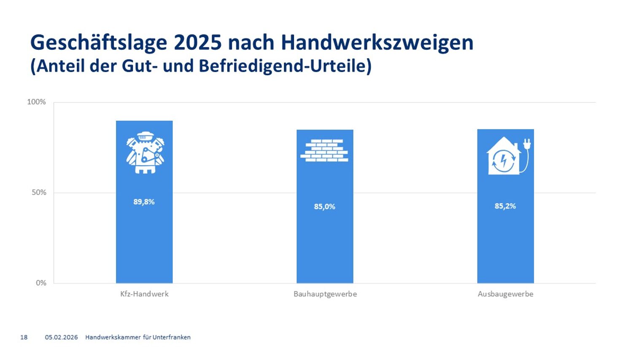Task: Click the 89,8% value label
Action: (x=144, y=202)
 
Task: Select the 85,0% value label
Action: (x=324, y=207)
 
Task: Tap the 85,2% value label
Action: (x=505, y=206)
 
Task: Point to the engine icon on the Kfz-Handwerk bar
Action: (x=145, y=152)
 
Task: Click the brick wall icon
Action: (x=324, y=150)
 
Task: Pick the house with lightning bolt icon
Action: (x=503, y=156)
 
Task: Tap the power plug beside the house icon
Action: (x=526, y=146)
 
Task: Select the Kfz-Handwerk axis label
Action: (x=144, y=294)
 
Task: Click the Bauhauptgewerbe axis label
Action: (x=325, y=294)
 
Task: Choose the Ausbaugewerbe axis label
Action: (x=505, y=294)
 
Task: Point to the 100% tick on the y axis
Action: (x=37, y=102)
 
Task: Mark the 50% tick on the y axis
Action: (x=38, y=193)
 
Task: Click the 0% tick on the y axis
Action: (x=41, y=283)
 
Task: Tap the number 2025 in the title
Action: (x=197, y=43)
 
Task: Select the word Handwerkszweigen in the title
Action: (x=377, y=43)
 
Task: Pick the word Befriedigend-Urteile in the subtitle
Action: (x=285, y=66)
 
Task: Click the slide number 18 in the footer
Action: (x=24, y=337)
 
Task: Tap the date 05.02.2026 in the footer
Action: (x=62, y=337)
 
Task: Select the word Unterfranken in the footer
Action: (x=172, y=337)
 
